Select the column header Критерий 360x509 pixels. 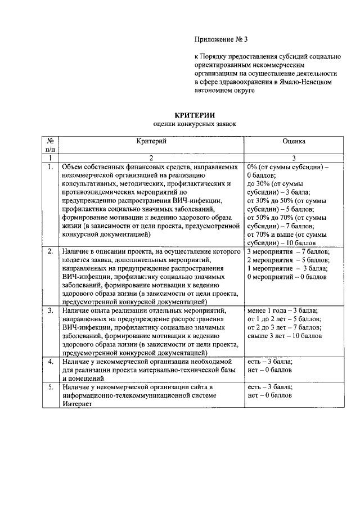click(x=151, y=143)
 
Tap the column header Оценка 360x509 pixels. click(x=294, y=143)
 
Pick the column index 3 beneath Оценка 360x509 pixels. click(x=294, y=159)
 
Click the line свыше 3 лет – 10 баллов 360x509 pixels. click(x=285, y=336)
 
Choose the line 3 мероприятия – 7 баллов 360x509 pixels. click(x=288, y=251)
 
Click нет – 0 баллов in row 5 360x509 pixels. click(x=269, y=396)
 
